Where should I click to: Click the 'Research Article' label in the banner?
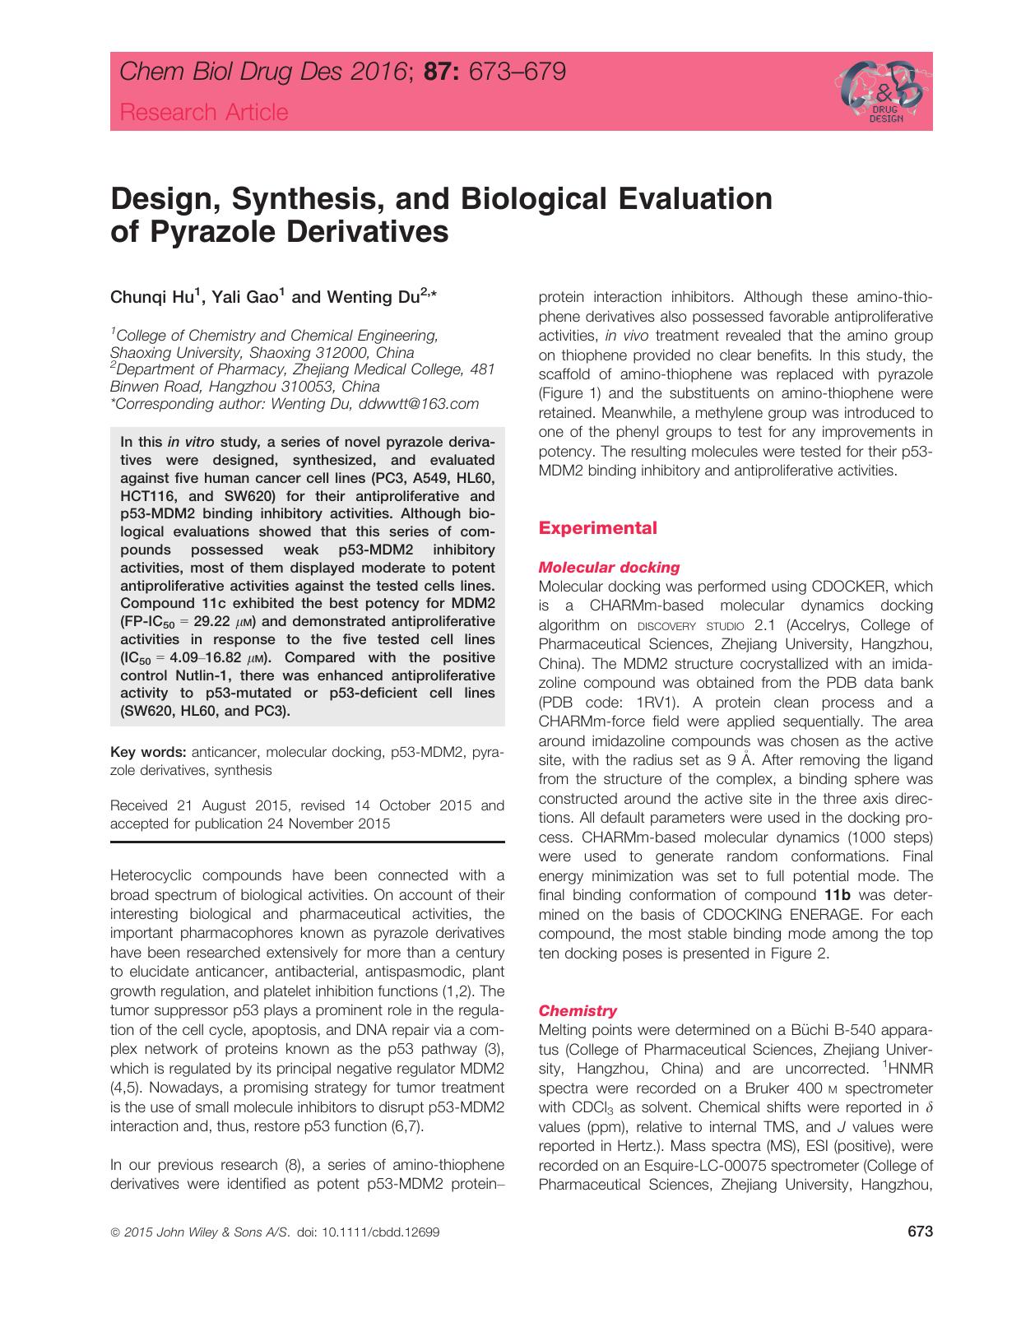pyautogui.click(x=204, y=113)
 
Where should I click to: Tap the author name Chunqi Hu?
pyautogui.click(x=151, y=298)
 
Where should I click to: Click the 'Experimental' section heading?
pyautogui.click(x=597, y=528)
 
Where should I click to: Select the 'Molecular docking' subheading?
pyautogui.click(x=609, y=567)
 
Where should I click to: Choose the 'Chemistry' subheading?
pyautogui.click(x=577, y=1010)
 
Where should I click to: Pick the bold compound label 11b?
pyautogui.click(x=838, y=895)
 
